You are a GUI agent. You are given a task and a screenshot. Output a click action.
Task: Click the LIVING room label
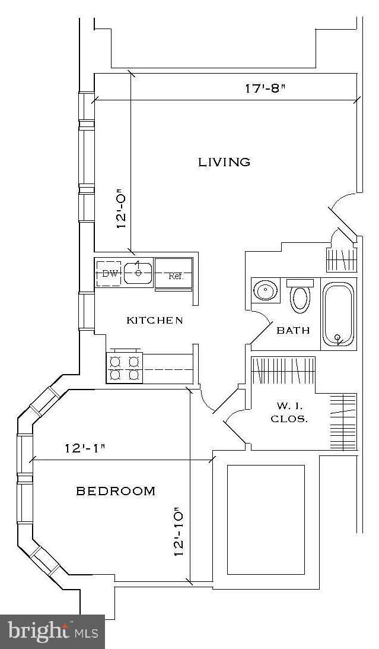click(224, 162)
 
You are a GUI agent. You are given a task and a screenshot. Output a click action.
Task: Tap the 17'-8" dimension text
click(265, 89)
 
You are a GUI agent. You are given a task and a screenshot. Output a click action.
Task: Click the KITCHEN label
click(155, 321)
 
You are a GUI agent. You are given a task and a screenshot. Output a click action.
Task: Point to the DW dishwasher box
click(109, 274)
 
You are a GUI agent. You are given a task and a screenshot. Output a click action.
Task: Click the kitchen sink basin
click(138, 273)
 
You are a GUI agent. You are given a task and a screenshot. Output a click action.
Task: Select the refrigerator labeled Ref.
click(174, 274)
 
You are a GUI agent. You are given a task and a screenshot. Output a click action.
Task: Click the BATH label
click(293, 330)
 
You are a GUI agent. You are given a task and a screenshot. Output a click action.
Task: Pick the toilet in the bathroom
click(300, 296)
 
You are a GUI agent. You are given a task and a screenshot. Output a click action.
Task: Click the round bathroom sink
click(265, 291)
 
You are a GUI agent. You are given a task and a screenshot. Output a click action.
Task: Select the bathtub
click(338, 315)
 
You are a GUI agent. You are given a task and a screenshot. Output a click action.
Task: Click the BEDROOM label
click(116, 491)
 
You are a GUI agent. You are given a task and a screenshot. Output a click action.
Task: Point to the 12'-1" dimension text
click(84, 448)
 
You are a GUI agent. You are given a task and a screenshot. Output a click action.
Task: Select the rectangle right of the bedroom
click(266, 520)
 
